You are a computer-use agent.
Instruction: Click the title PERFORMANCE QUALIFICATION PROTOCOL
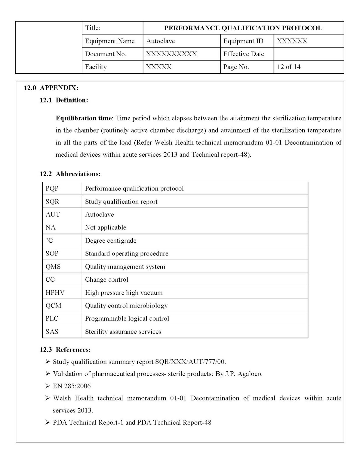243,28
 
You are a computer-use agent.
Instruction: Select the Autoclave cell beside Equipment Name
160,41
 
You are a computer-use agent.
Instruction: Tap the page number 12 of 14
289,67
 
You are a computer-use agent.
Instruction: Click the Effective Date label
244,54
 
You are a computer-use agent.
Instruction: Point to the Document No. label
106,54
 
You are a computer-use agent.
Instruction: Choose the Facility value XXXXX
159,67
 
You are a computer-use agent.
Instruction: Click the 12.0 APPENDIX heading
51,88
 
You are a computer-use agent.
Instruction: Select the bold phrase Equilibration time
84,118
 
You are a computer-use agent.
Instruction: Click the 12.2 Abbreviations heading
70,174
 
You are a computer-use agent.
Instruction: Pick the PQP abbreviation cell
52,188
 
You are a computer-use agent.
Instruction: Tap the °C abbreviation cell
49,241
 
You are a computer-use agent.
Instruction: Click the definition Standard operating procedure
127,253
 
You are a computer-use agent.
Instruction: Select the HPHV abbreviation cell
55,293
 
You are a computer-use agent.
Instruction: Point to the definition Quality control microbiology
126,306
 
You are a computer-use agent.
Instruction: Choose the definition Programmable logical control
127,318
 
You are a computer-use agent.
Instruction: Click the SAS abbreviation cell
52,331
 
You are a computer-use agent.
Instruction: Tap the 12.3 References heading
65,349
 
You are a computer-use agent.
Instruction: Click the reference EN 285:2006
72,386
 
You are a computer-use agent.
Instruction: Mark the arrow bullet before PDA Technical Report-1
48,422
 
